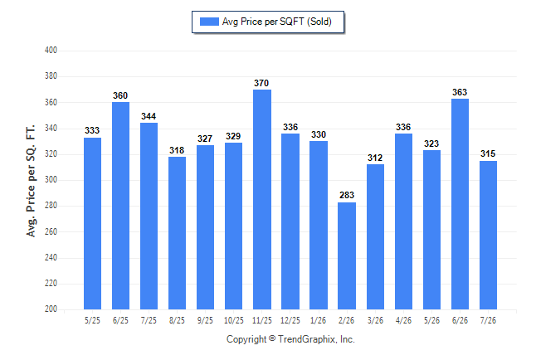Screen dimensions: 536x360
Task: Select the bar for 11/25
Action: pyautogui.click(x=262, y=199)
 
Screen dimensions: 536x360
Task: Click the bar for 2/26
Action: pyautogui.click(x=347, y=255)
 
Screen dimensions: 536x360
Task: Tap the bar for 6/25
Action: pyautogui.click(x=120, y=206)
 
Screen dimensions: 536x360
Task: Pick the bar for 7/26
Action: pyautogui.click(x=488, y=236)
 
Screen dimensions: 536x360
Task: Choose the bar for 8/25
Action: pyautogui.click(x=177, y=233)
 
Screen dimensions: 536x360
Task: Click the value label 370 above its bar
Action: pyautogui.click(x=261, y=83)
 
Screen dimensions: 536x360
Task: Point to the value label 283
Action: pyautogui.click(x=347, y=195)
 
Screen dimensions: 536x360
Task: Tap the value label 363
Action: pyautogui.click(x=460, y=92)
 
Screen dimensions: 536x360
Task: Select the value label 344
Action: pyautogui.click(x=149, y=116)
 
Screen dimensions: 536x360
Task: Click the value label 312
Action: pyautogui.click(x=375, y=158)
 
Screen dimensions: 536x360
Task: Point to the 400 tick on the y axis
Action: pyautogui.click(x=51, y=51)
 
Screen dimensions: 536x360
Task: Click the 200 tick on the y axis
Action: pyautogui.click(x=51, y=309)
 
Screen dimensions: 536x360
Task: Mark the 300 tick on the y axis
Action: pyautogui.click(x=51, y=179)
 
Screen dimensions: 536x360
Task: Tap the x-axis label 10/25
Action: pyautogui.click(x=234, y=320)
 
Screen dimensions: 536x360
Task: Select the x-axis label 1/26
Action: pyautogui.click(x=319, y=320)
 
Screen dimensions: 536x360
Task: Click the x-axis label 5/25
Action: pyautogui.click(x=92, y=320)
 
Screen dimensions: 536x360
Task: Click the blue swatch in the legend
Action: pyautogui.click(x=209, y=22)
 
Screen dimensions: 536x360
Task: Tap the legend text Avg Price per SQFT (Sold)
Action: pyautogui.click(x=277, y=22)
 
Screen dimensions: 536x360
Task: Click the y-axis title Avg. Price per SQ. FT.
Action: pyautogui.click(x=31, y=181)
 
